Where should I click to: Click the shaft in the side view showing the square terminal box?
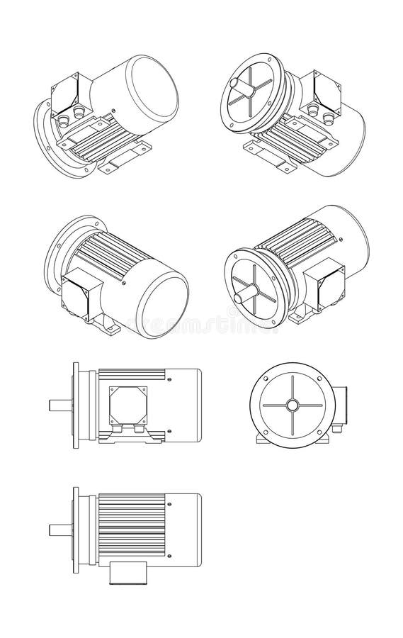[x=59, y=405]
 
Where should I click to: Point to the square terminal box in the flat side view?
[x=127, y=404]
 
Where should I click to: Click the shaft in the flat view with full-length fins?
[x=59, y=530]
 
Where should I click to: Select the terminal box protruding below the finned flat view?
[x=127, y=573]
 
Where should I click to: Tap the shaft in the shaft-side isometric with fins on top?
[x=244, y=291]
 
